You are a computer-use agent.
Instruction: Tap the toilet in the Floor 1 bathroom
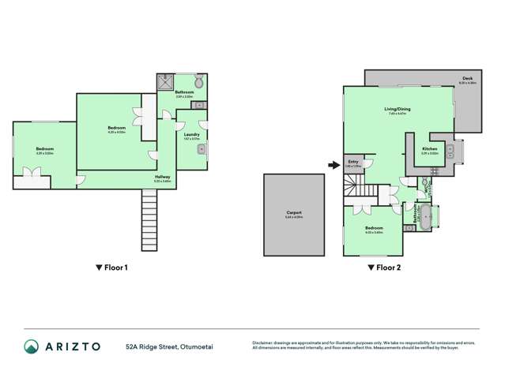198,81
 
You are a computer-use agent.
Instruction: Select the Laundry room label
190,134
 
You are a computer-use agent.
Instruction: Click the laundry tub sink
202,148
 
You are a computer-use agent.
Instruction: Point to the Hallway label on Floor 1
162,177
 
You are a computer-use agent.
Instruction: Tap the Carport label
292,212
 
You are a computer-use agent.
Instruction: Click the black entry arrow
333,165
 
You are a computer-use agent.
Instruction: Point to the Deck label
467,78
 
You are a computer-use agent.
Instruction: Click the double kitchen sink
450,149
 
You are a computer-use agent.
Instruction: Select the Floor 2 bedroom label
373,228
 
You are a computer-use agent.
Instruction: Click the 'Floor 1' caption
111,268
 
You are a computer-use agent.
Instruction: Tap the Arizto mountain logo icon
31,346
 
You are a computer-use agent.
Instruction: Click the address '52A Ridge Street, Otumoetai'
168,346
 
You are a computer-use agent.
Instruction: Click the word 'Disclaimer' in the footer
263,342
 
